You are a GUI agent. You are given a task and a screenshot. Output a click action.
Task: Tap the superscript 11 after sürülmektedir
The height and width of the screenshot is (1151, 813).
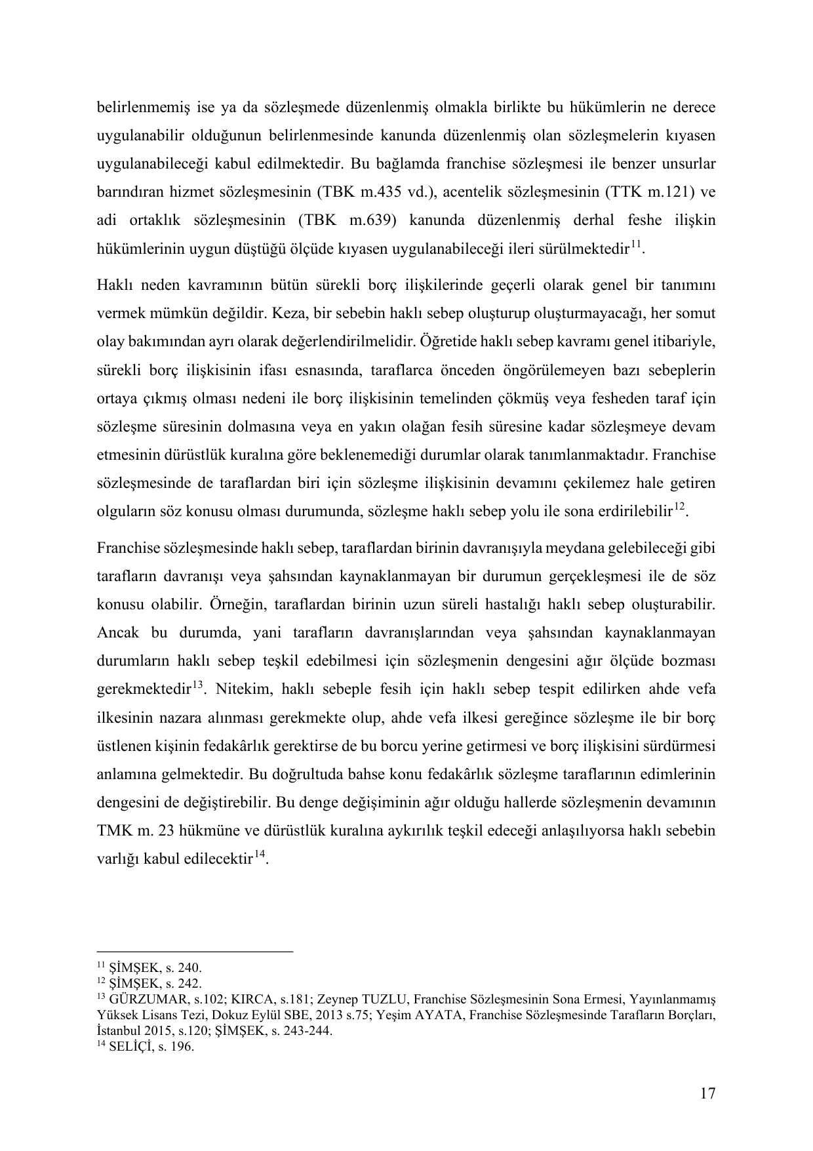click(636, 245)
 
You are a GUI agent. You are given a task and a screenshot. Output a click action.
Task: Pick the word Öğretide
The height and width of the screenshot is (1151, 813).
click(448, 342)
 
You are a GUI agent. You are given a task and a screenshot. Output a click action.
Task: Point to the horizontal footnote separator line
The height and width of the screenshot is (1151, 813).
click(194, 952)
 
